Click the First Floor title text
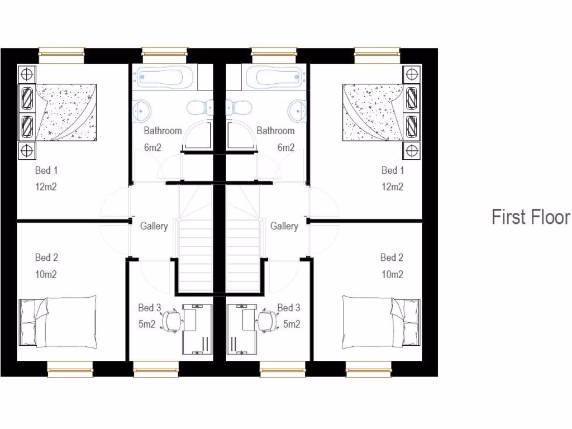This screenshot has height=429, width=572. [x=530, y=217]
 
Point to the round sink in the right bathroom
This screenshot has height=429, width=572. [x=298, y=110]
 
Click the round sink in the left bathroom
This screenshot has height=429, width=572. [x=142, y=110]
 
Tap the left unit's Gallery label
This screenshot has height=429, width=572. [x=154, y=226]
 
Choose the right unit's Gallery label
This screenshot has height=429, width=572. [x=284, y=226]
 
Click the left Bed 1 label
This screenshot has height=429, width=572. [x=46, y=170]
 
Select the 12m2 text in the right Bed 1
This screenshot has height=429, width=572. [x=392, y=187]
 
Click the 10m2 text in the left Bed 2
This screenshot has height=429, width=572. [x=46, y=274]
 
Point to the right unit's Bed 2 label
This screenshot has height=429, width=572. [x=392, y=258]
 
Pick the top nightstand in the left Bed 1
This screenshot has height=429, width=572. [x=27, y=74]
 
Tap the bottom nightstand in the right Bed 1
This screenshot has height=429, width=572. [x=412, y=150]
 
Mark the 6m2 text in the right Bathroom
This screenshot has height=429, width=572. [x=285, y=148]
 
